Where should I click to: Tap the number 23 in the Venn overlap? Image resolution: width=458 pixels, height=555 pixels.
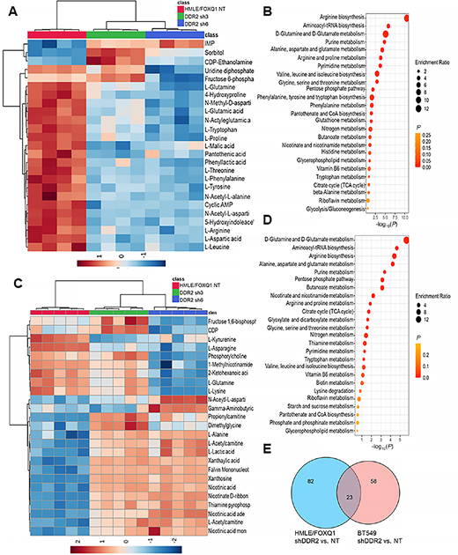point(325,498)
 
